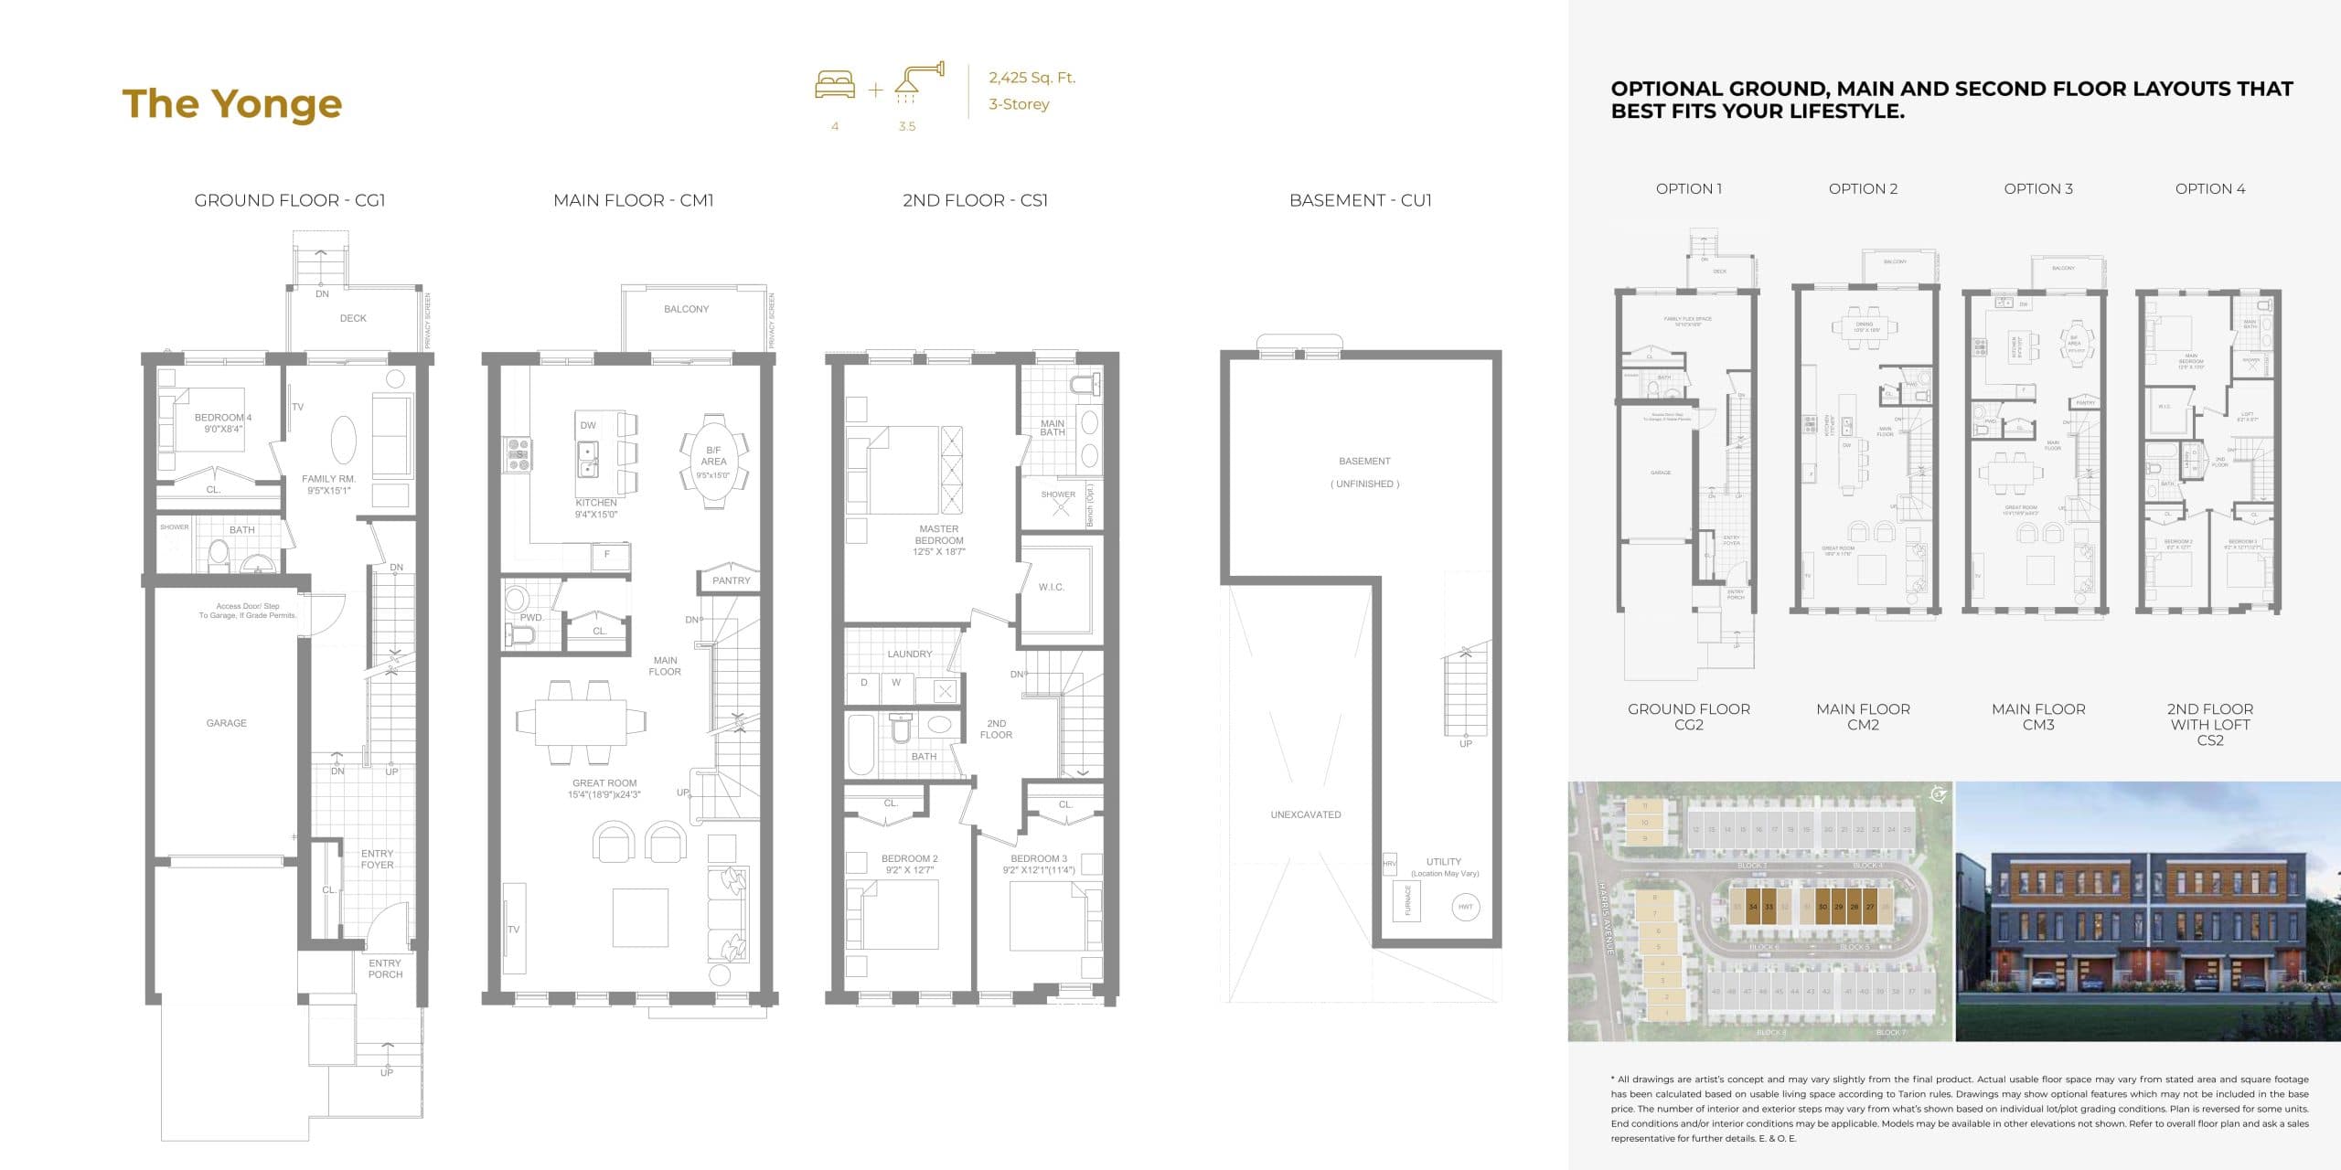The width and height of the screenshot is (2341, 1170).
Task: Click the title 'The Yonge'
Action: click(232, 104)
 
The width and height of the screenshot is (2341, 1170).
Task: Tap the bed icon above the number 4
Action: click(835, 85)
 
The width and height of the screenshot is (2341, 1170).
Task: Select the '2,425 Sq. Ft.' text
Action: click(1032, 78)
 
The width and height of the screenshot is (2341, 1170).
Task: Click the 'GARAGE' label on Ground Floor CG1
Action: click(226, 723)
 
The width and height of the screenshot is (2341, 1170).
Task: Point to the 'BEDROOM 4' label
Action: click(222, 418)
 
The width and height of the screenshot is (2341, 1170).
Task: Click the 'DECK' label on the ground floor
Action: click(353, 318)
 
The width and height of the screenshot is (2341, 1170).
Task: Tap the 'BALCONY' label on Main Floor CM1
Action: click(686, 309)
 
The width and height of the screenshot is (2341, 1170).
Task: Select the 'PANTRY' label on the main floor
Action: click(731, 580)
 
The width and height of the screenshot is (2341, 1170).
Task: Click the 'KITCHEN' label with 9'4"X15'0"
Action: click(596, 503)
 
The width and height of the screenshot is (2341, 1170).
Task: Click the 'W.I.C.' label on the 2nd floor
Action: click(1052, 587)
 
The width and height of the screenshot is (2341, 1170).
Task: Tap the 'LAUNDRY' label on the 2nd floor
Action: click(909, 654)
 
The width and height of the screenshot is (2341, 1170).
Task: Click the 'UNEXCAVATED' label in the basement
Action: click(1305, 814)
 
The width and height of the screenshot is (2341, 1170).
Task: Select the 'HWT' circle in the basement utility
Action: click(1465, 907)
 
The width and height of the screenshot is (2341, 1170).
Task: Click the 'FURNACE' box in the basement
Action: click(1406, 900)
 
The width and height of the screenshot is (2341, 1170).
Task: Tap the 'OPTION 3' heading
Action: click(2037, 189)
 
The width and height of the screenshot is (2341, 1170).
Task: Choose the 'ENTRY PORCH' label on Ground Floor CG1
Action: click(385, 969)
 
